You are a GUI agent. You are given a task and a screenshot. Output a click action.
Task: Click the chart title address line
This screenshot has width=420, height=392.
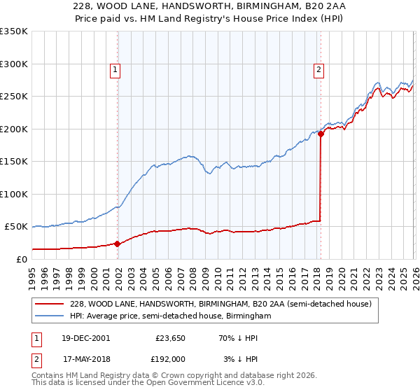click(x=209, y=6)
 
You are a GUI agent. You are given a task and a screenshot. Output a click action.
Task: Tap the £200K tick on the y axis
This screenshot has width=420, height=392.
click(x=13, y=129)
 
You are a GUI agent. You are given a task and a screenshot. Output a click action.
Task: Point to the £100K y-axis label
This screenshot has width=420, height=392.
click(x=13, y=194)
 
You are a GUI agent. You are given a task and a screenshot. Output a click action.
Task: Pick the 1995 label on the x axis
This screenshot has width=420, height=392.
click(x=31, y=274)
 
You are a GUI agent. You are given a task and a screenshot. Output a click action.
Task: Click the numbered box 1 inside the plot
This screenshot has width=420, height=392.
click(x=115, y=69)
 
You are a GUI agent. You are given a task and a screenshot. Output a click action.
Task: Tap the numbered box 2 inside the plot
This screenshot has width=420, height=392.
click(x=318, y=69)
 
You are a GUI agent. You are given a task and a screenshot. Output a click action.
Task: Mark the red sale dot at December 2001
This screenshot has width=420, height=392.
click(x=118, y=244)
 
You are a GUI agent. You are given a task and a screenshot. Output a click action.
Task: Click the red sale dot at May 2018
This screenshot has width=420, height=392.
click(x=321, y=134)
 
